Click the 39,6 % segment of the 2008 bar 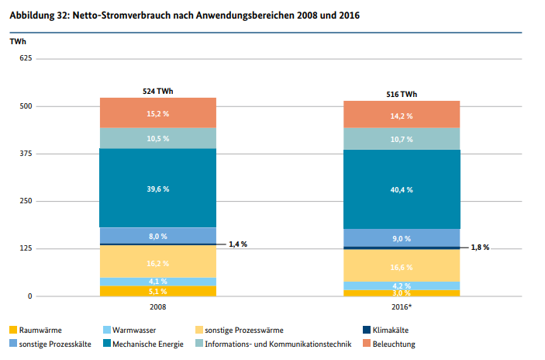coord(157,188)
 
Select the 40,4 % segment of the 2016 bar coord(402,189)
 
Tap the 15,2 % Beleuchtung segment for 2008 coord(157,113)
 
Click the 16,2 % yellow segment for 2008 coord(157,262)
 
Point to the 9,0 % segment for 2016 coord(402,238)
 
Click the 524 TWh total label coord(158,91)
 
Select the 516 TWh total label coord(402,94)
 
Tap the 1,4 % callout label coord(237,244)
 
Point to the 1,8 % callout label coord(480,247)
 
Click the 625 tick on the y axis coord(25,59)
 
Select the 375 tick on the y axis coord(25,154)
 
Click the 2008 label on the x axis coord(157,307)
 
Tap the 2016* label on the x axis coord(402,307)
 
